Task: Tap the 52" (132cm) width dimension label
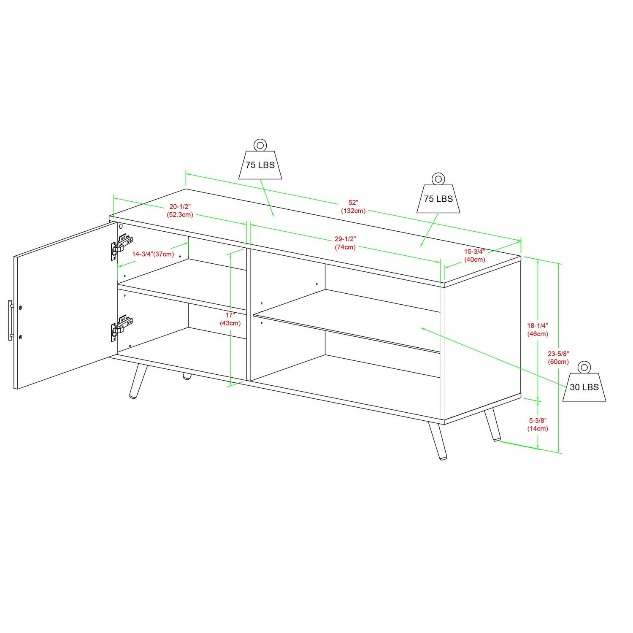tap(354, 206)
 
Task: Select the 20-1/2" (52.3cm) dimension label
tap(180, 210)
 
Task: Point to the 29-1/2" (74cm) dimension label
tap(345, 243)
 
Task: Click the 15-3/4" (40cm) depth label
tap(475, 255)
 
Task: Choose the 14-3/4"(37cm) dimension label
tap(153, 254)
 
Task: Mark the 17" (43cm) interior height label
tap(230, 319)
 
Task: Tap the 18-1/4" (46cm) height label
tap(538, 330)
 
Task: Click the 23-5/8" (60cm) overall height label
tap(558, 357)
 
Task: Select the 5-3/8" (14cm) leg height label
tap(538, 424)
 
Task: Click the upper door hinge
tap(121, 246)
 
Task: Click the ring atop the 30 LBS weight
tap(584, 367)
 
